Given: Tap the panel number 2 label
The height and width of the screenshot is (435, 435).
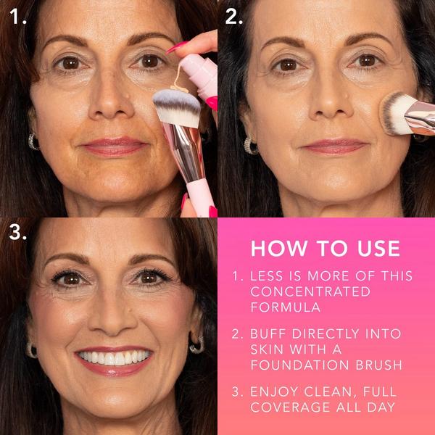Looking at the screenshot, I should click(233, 16).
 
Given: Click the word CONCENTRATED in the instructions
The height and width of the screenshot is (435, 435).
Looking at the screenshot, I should click(310, 291).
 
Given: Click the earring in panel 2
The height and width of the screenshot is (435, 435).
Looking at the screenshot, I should click(250, 145).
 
